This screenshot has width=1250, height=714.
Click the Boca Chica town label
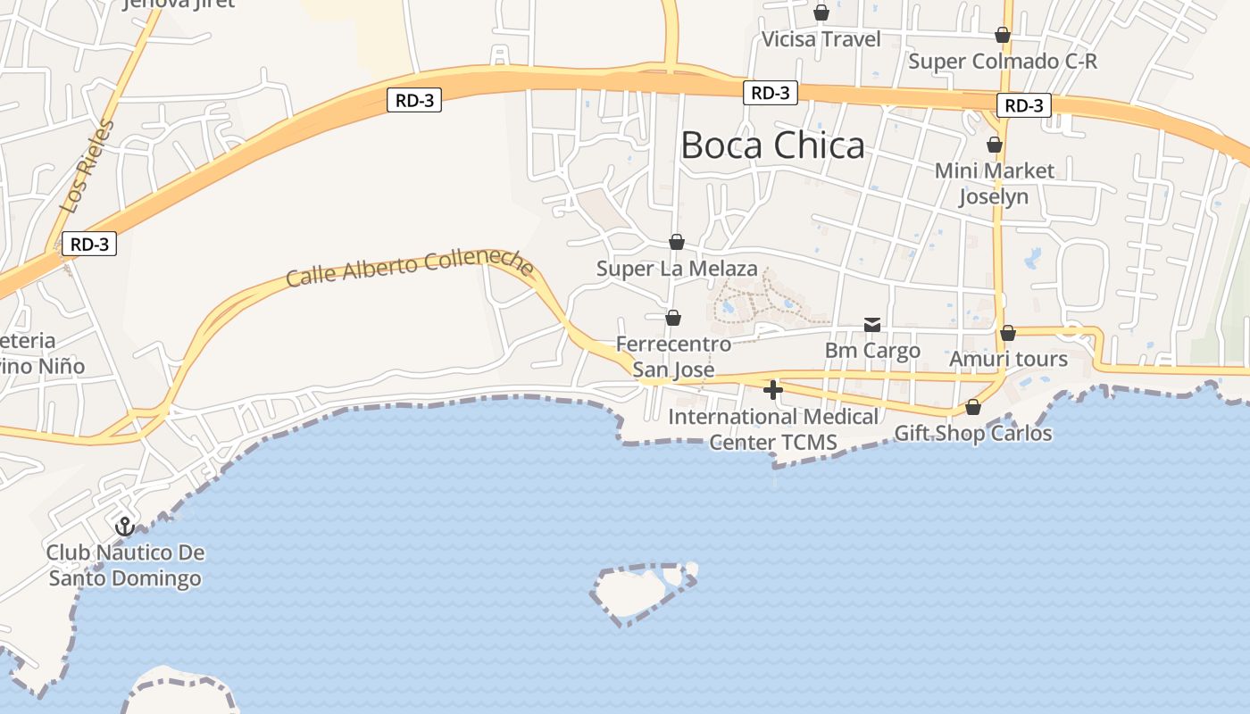tap(772, 145)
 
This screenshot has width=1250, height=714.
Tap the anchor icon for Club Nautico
tap(125, 526)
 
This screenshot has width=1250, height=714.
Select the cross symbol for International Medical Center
tap(773, 390)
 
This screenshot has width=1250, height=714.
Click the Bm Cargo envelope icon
tap(872, 325)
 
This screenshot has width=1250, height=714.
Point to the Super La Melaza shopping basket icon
tap(677, 242)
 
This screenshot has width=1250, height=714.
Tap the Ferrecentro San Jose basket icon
tap(673, 318)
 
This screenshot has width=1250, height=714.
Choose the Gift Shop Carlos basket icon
tap(973, 408)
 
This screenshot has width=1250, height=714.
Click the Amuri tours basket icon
tap(1008, 333)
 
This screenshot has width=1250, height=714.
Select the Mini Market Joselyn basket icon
tap(995, 145)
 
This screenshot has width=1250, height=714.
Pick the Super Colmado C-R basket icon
tap(1003, 35)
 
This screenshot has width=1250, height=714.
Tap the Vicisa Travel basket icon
tap(821, 12)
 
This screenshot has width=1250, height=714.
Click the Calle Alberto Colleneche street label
tap(410, 267)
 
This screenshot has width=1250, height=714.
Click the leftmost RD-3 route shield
tap(89, 244)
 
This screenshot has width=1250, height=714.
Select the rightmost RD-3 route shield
tap(1023, 105)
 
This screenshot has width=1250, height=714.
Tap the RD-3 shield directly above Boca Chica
tap(770, 93)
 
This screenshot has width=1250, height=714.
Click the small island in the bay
tap(638, 591)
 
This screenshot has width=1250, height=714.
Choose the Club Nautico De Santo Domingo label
tap(125, 566)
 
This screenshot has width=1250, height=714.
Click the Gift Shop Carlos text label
tap(973, 435)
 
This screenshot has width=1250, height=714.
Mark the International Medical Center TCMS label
tap(773, 429)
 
